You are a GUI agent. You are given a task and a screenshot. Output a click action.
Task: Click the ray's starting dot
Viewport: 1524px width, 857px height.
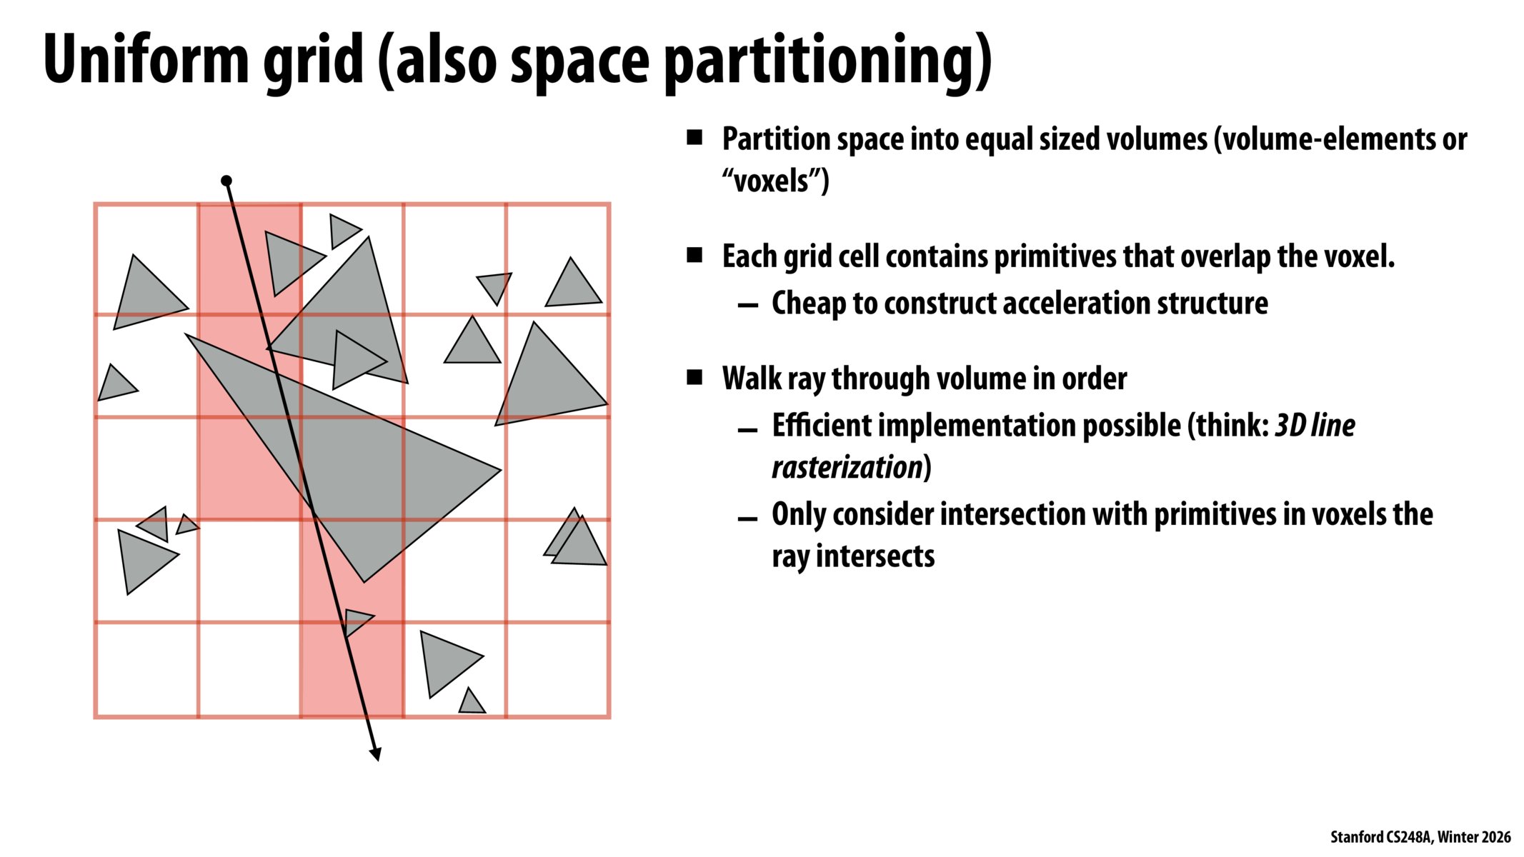(x=226, y=181)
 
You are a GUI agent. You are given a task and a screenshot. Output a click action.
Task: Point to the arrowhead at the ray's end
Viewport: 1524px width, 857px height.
(x=376, y=755)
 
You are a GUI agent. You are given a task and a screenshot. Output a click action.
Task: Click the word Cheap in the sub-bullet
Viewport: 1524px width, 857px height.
(x=808, y=303)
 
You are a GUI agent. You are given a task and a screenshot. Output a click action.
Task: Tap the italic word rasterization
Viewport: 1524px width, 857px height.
(x=847, y=467)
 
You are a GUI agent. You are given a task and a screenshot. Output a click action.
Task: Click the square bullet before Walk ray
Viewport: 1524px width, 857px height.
(x=694, y=377)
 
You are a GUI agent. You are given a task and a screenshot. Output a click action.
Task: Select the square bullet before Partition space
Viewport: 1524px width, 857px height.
(x=694, y=137)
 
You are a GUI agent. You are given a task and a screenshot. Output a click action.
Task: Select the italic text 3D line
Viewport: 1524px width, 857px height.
(x=1315, y=425)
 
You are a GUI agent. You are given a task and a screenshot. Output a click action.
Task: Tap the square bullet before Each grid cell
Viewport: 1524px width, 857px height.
(x=694, y=255)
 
